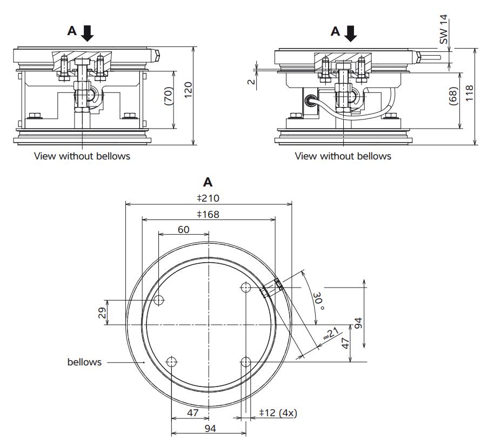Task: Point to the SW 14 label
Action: pos(444,29)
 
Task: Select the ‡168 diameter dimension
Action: pos(208,215)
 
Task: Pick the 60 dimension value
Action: pos(183,229)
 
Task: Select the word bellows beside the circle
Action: pos(84,362)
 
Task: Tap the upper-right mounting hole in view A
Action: pos(246,288)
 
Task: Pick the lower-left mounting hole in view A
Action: pos(172,362)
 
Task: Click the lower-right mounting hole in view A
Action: pos(246,362)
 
